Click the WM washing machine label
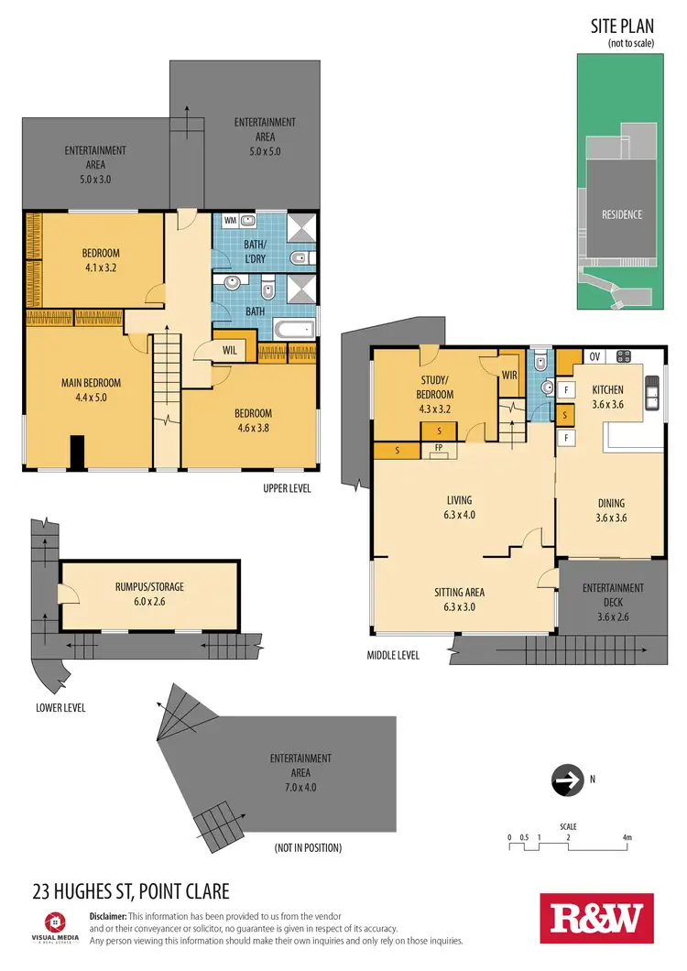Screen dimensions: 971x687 [x=229, y=221]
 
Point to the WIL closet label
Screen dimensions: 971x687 [x=229, y=350]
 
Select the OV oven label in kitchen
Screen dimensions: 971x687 [x=594, y=356]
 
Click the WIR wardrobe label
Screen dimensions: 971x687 [x=509, y=374]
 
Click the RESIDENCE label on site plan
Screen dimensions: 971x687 [x=621, y=214]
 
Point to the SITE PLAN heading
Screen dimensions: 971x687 [x=622, y=27]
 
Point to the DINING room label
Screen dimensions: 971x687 [x=611, y=503]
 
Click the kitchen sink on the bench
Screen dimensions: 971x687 [x=652, y=394]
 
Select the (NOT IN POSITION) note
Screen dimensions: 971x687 [x=308, y=848]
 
